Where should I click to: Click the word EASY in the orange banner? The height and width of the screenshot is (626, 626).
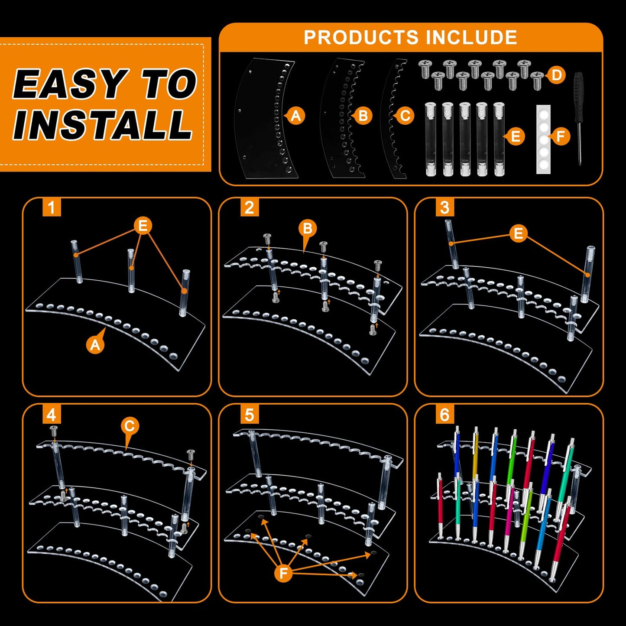tap(69, 84)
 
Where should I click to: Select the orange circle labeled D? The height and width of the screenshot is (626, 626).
tap(557, 75)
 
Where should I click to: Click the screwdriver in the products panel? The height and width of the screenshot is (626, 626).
tap(578, 119)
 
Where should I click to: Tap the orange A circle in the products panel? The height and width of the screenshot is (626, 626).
tap(295, 116)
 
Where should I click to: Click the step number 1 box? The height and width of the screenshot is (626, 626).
tap(52, 207)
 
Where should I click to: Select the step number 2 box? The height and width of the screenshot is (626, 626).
tap(250, 207)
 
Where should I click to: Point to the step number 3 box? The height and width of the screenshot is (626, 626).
tap(445, 207)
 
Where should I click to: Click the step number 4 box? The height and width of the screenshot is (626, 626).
tap(52, 415)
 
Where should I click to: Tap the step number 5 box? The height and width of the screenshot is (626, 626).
tap(250, 415)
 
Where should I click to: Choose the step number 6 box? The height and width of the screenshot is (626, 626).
tap(445, 415)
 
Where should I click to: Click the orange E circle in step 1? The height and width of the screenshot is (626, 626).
tap(143, 225)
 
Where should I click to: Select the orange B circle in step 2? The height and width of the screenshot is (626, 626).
tap(307, 228)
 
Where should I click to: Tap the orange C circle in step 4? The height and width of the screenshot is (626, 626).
tap(130, 426)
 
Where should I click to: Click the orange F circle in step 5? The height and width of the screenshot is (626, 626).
tap(283, 574)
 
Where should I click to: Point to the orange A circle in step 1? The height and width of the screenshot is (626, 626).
tap(95, 344)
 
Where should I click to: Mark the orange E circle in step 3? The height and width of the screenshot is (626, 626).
tap(518, 233)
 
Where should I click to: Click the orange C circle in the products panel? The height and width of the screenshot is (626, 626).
tap(405, 116)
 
